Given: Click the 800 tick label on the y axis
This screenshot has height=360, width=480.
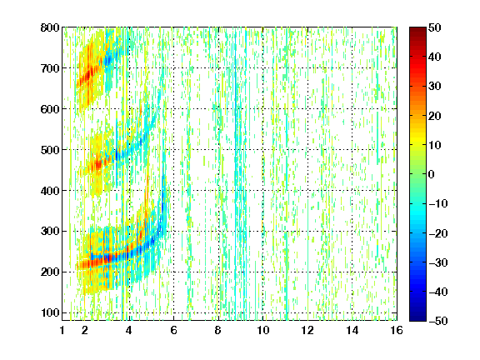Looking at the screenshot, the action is [50, 27].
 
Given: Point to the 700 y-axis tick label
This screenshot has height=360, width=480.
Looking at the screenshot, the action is [50, 68].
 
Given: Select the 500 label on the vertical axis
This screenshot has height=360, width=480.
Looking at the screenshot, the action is [50, 150].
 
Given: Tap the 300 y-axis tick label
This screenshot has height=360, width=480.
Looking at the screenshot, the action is [50, 231].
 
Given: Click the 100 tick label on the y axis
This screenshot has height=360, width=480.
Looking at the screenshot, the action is [50, 312].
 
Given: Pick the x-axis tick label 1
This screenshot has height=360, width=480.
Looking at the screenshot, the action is [62, 330].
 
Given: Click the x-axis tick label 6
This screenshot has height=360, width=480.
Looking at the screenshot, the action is [173, 330].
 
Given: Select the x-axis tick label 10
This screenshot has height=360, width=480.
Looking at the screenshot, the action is [263, 330].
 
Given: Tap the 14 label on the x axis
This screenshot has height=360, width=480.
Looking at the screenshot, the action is [352, 330].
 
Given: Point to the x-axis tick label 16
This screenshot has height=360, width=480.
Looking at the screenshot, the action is [397, 330].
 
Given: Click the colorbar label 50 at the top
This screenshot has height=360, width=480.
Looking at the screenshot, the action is [434, 27].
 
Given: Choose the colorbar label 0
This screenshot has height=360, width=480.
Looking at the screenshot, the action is [432, 174].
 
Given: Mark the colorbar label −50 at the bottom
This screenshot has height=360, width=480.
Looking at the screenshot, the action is [438, 321].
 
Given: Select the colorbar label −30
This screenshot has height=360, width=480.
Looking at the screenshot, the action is [438, 262].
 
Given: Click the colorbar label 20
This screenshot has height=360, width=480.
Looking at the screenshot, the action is [434, 116].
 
